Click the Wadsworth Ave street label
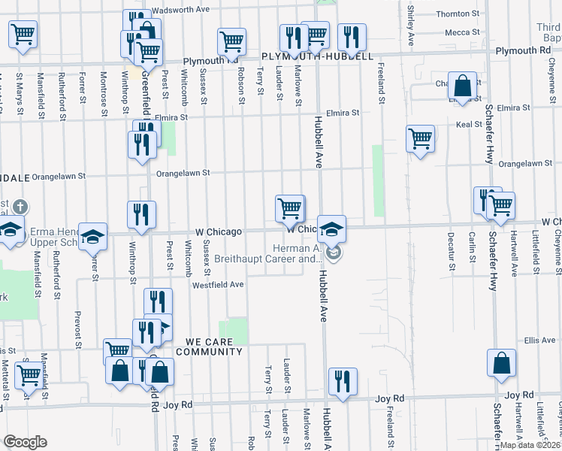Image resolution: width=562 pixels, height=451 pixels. [x=180, y=11]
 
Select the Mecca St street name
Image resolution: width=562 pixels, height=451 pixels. [x=462, y=32]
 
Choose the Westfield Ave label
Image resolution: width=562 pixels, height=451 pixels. [x=218, y=285]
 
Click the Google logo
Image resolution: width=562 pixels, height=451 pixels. [x=24, y=442]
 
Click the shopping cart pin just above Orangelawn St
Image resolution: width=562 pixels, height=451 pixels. [x=420, y=139]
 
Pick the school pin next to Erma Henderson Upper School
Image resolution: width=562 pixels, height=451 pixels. [x=93, y=237]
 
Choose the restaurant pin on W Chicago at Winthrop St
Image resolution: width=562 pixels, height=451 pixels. [x=141, y=214]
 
